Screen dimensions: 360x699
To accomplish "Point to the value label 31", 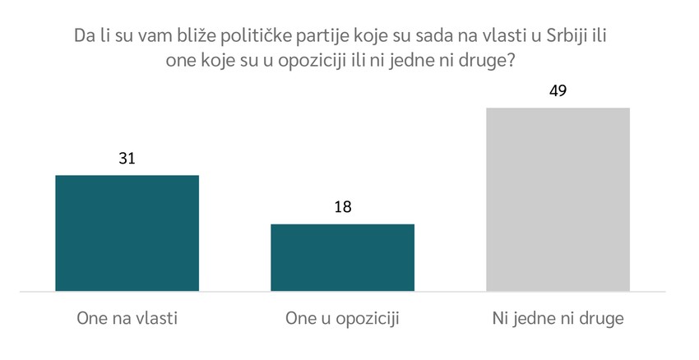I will [127, 157].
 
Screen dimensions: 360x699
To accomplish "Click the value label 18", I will [342, 206].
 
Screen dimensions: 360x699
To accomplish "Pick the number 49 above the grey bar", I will [558, 90].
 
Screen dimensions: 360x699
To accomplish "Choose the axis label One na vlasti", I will [127, 317].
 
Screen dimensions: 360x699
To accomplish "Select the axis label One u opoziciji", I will [342, 317].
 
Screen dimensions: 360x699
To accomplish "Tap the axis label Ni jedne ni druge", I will [558, 317].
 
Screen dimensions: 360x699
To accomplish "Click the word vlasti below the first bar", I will [156, 317].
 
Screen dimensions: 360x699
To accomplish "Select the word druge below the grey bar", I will [601, 317].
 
